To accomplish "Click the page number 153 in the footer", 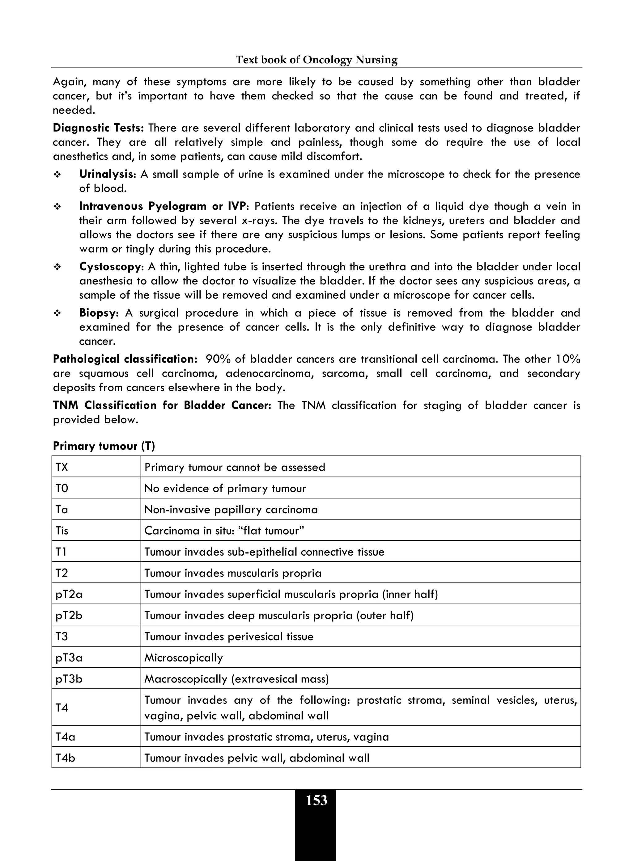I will point(316,800).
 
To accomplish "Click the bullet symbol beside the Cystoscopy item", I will point(57,267).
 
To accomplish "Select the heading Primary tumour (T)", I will point(104,446).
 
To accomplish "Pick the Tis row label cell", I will point(62,531).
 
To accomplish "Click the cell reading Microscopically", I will point(184,658).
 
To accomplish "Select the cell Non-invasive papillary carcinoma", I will point(231,510).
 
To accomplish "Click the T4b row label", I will point(66,758).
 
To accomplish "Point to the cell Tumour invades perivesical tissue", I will point(229,637).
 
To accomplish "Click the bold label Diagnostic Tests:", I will point(98,128).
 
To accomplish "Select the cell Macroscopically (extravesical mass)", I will point(236,679).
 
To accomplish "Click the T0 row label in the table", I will point(62,489).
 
